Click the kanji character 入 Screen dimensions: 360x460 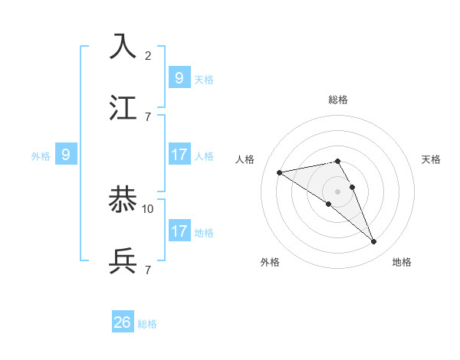[x=123, y=47]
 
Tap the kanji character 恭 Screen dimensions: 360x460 [x=123, y=201]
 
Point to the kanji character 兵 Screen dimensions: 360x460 [x=123, y=262]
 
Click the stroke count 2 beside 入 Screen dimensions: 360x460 [x=148, y=55]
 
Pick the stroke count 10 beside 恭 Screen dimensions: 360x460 [x=148, y=208]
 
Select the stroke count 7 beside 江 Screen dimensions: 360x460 [x=148, y=116]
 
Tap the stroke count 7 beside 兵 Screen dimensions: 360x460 [x=148, y=270]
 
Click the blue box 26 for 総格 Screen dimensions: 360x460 [x=123, y=322]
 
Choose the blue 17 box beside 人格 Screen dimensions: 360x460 [x=179, y=155]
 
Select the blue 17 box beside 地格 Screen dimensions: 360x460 [x=179, y=231]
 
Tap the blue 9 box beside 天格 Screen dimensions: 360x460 [x=179, y=77]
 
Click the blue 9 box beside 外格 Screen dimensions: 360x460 [x=66, y=155]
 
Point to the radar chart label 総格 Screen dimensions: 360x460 [x=338, y=100]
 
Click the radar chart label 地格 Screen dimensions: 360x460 [x=402, y=262]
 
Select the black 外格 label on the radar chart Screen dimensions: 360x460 [x=270, y=262]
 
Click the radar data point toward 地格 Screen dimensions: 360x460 [x=374, y=242]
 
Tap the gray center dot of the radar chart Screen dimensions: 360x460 [x=338, y=191]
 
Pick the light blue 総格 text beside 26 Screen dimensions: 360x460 [x=147, y=324]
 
